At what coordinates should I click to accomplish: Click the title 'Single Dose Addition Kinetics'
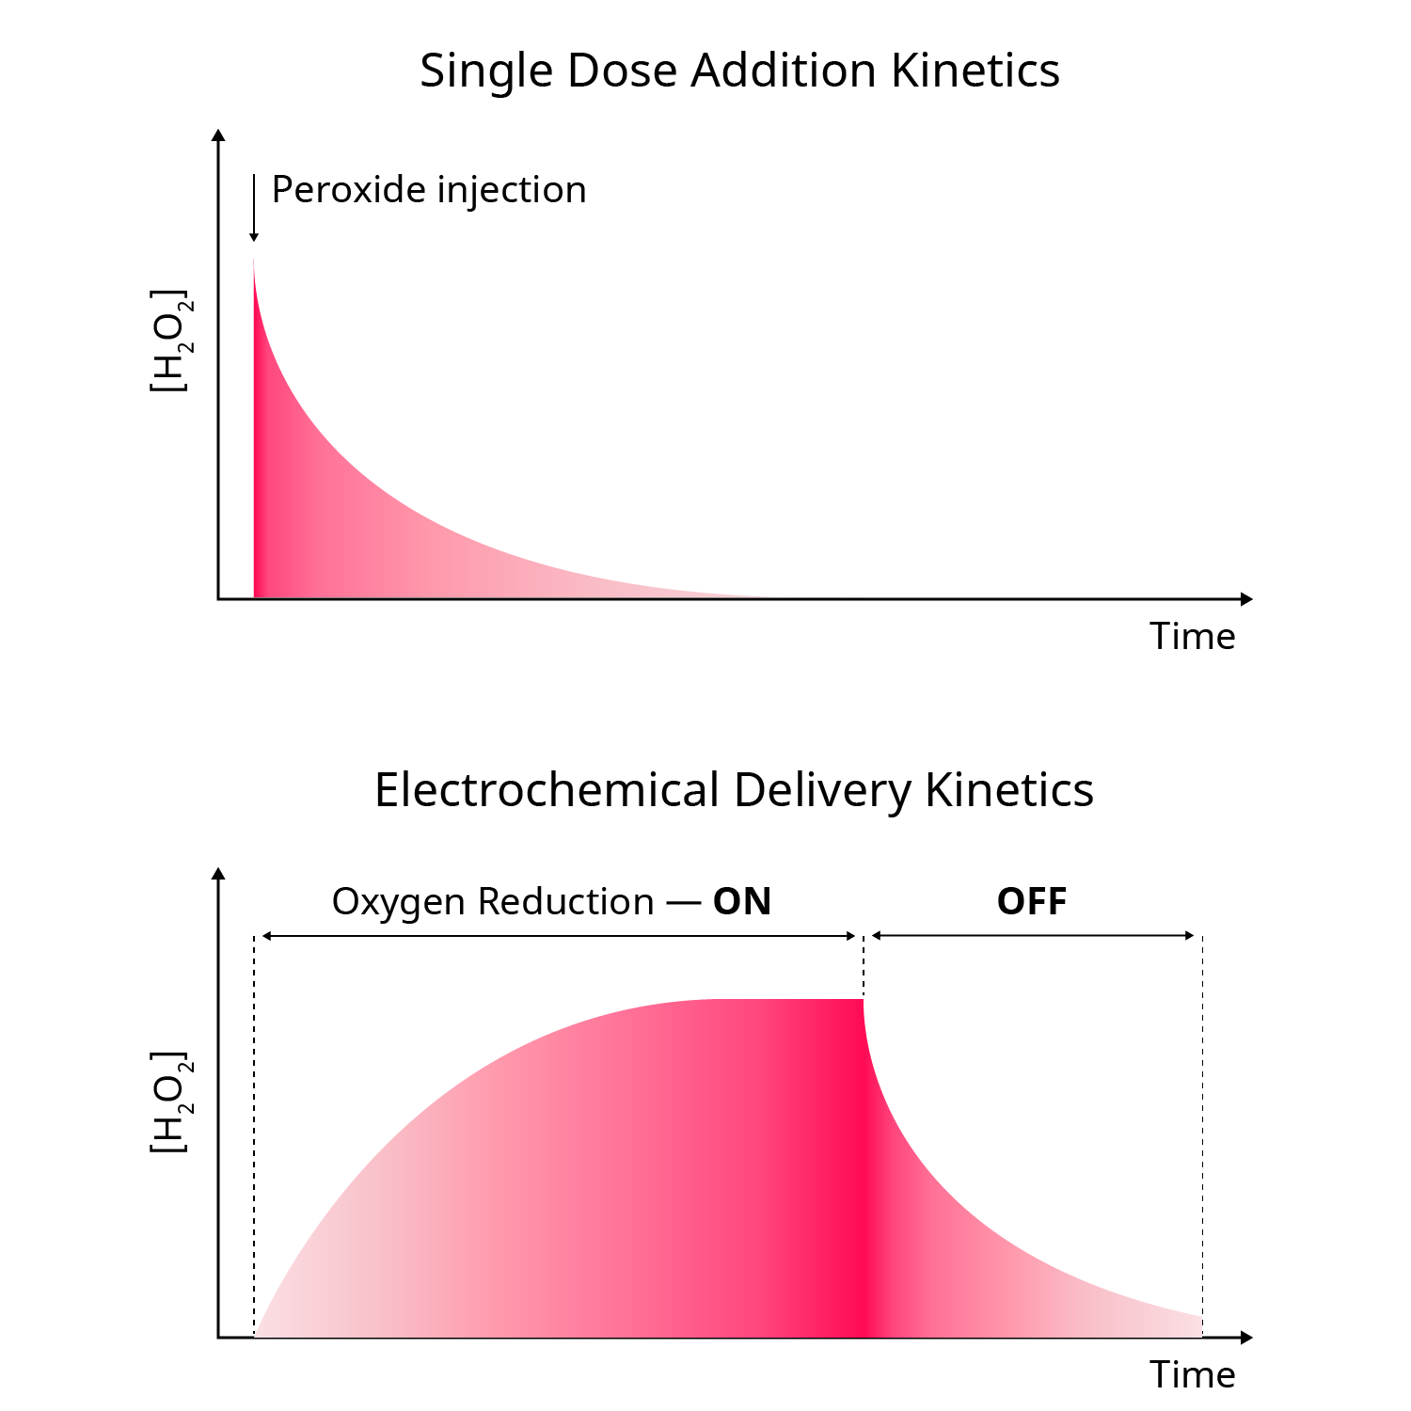[739, 71]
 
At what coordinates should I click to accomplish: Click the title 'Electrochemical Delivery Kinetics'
[734, 790]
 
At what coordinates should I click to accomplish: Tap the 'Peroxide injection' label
[429, 190]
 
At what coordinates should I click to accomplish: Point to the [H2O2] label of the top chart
[170, 341]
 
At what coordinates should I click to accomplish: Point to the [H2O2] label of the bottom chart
[170, 1102]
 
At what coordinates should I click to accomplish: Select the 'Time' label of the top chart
[1192, 637]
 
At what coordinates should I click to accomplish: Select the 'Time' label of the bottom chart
[1192, 1375]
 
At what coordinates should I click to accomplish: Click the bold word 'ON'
[741, 902]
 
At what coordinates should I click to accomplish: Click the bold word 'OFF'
[1032, 902]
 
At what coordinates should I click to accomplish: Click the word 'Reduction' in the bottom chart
[565, 902]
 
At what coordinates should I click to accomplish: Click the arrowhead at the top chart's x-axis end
[1246, 599]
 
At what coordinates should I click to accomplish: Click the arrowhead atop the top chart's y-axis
[219, 135]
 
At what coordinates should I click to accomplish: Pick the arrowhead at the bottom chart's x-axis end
[1246, 1338]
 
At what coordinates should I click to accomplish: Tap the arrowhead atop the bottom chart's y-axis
[219, 874]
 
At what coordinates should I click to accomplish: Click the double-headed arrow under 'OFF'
[1033, 936]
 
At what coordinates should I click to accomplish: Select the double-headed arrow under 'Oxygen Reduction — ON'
[559, 936]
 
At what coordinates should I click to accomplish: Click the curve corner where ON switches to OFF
[863, 1000]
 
